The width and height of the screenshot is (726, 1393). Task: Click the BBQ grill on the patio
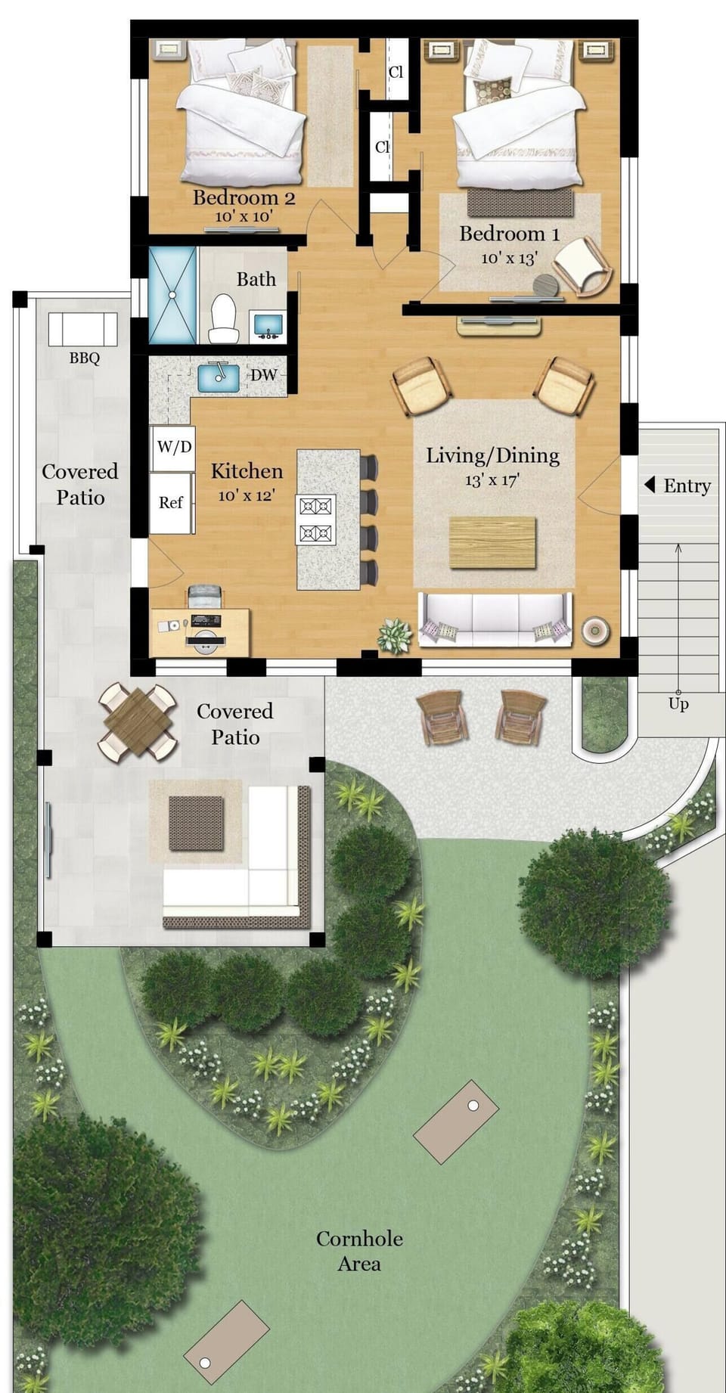(x=83, y=329)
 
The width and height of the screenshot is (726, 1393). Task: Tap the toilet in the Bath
(x=224, y=319)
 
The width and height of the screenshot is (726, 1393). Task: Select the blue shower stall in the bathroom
(x=172, y=294)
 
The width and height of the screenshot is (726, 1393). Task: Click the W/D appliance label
(x=174, y=446)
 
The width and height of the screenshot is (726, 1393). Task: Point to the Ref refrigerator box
(x=171, y=502)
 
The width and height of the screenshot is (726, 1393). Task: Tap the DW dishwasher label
(x=264, y=375)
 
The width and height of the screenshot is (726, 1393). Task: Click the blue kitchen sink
(x=219, y=377)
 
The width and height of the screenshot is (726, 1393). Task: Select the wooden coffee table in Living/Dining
(x=492, y=542)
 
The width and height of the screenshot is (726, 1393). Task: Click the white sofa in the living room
(x=495, y=619)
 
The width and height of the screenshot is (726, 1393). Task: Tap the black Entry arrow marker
(x=649, y=485)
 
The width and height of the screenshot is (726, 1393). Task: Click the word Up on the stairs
(x=678, y=704)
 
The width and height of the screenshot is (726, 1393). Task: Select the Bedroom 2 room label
(x=244, y=198)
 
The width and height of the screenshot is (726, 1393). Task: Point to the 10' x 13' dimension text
(x=509, y=258)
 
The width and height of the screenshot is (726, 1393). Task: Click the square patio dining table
(x=138, y=721)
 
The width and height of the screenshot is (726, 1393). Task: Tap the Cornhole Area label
(x=359, y=1251)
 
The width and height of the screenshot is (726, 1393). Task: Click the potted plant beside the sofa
(x=394, y=634)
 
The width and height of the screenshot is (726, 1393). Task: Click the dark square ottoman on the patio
(x=196, y=823)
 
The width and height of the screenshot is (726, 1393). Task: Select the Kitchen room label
(x=247, y=471)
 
